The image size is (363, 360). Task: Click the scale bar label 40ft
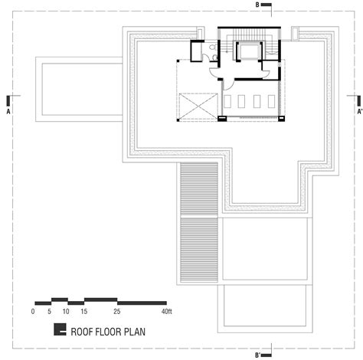click(167, 312)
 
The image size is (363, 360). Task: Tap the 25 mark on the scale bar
click(117, 312)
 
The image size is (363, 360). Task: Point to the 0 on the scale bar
click(33, 312)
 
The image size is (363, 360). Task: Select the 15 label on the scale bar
click(84, 312)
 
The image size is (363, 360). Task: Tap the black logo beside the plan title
click(60, 329)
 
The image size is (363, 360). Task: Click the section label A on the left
click(8, 112)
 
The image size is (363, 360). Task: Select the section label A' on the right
click(360, 112)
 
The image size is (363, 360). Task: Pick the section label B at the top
click(257, 5)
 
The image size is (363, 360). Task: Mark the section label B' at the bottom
click(258, 355)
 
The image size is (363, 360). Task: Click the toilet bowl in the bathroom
click(213, 47)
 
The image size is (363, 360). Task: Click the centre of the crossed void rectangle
click(198, 106)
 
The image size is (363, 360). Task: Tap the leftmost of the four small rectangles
click(227, 101)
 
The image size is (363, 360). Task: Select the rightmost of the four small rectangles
click(272, 101)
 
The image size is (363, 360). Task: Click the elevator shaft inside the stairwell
click(249, 51)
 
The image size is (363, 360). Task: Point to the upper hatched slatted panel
click(199, 190)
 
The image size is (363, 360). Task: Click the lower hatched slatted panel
click(199, 250)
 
